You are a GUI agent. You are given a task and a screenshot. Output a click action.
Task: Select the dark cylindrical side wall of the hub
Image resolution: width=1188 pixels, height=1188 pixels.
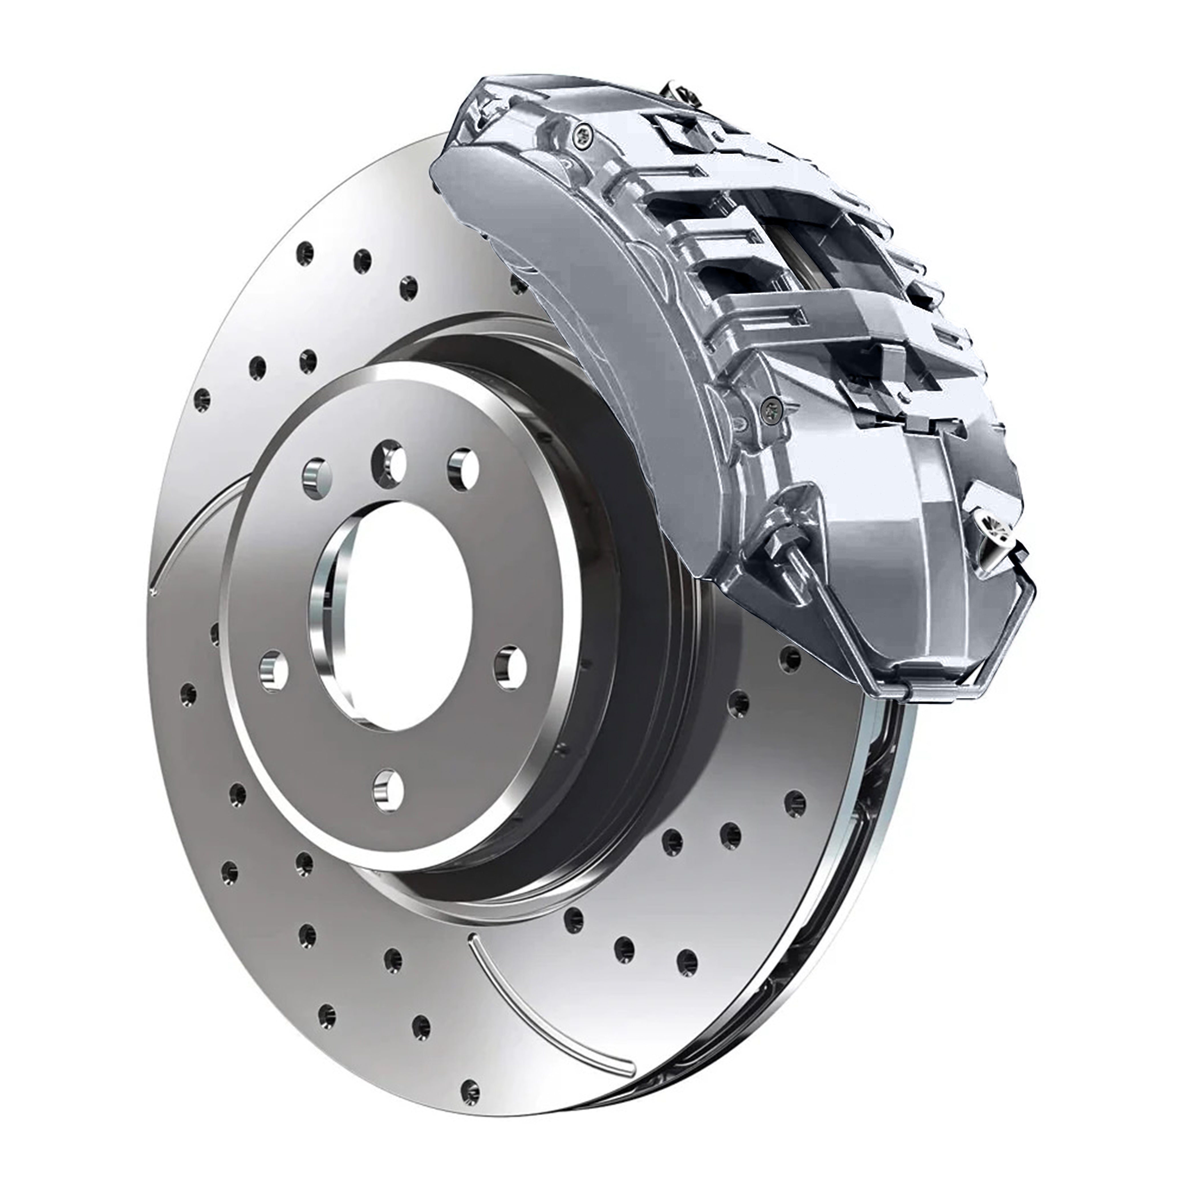(621, 707)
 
